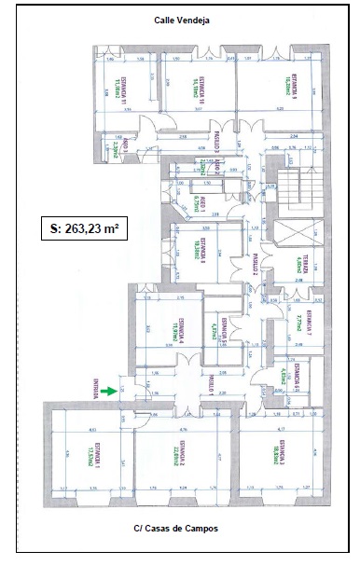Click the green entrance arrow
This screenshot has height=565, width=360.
pos(112,392)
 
